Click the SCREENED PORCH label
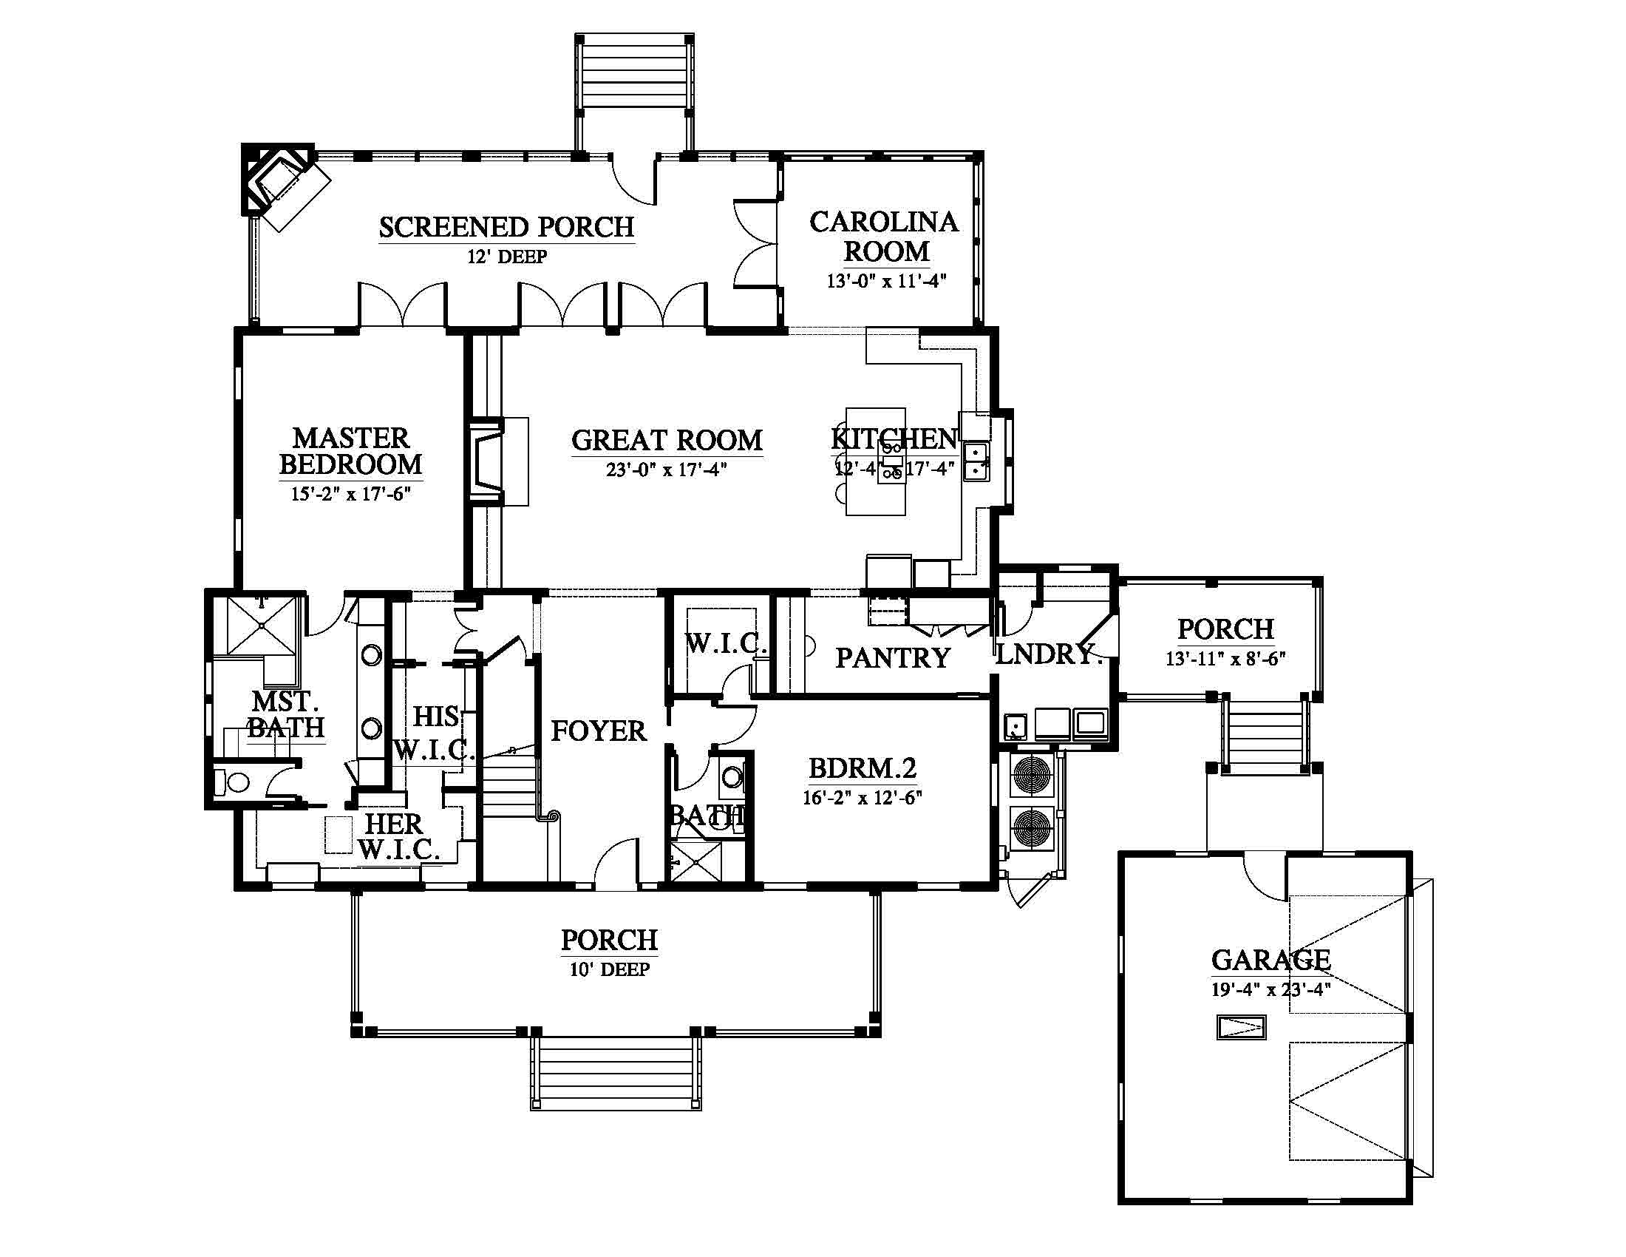click(506, 227)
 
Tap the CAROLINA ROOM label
click(885, 237)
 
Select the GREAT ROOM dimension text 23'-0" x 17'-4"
click(667, 469)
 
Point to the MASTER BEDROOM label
click(350, 450)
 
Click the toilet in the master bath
click(231, 782)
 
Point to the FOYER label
click(599, 731)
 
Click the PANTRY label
click(893, 658)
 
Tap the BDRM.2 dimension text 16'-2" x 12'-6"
click(862, 798)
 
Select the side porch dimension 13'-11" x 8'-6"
click(1225, 659)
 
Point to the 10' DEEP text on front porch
click(610, 969)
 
